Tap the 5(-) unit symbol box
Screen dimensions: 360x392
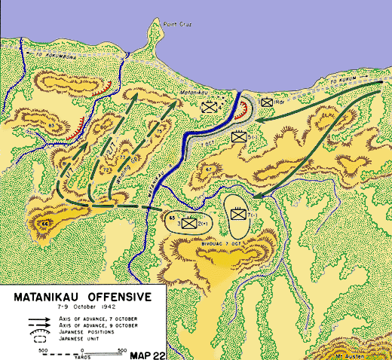(x=238, y=137)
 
